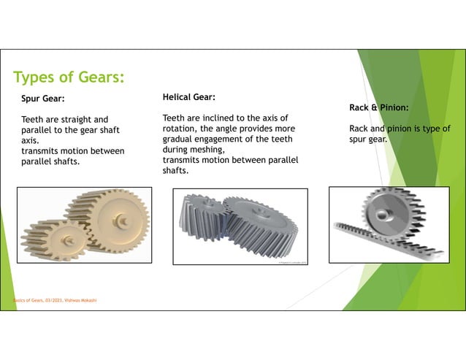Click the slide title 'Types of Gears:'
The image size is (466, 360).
point(69,77)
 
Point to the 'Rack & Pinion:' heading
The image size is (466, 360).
point(378,107)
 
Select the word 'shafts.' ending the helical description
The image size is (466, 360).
point(175,171)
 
